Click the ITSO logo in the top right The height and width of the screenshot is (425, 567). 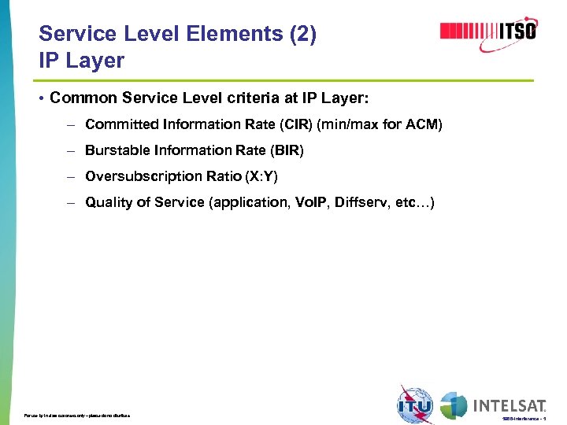488,31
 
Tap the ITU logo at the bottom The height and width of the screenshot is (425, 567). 415,405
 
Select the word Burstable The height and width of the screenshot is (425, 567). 114,150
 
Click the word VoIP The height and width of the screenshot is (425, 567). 312,202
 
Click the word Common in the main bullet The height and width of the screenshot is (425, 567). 84,98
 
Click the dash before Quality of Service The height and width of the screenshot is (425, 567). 70,203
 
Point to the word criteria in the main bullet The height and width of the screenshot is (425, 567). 235,98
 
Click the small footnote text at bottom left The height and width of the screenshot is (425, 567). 77,415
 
